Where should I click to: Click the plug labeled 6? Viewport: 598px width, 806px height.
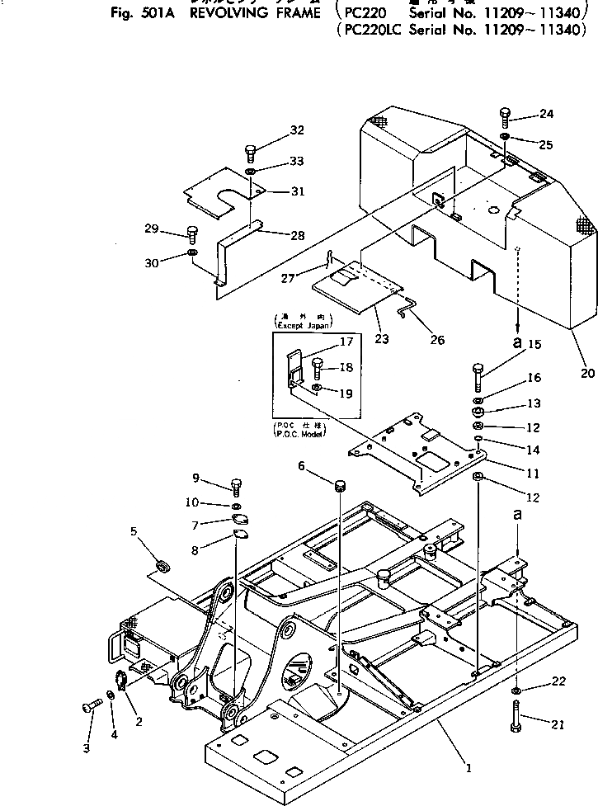coord(339,480)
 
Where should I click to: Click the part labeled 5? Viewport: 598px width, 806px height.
coord(162,565)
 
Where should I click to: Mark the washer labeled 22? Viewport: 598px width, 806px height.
coord(515,689)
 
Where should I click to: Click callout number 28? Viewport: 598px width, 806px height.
coord(297,234)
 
